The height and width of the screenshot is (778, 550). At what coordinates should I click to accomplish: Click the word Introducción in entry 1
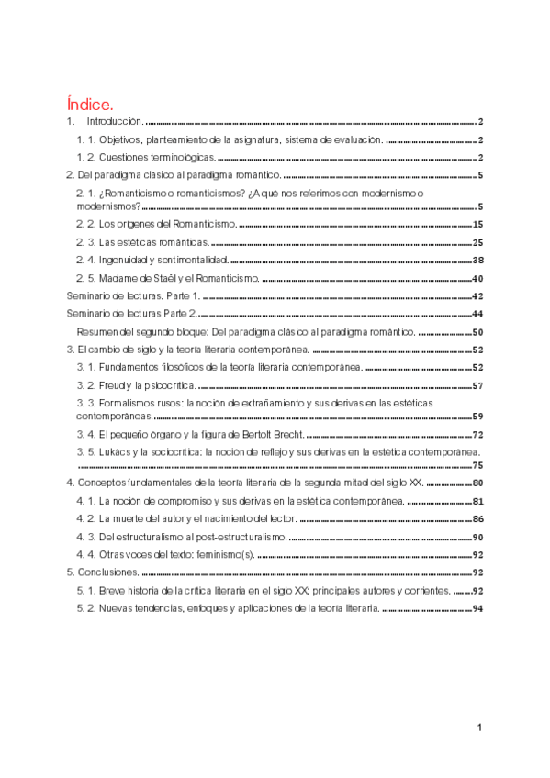[115, 121]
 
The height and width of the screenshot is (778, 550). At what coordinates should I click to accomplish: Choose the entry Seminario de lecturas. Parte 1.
[134, 297]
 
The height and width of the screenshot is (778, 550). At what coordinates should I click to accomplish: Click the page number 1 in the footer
[479, 728]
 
